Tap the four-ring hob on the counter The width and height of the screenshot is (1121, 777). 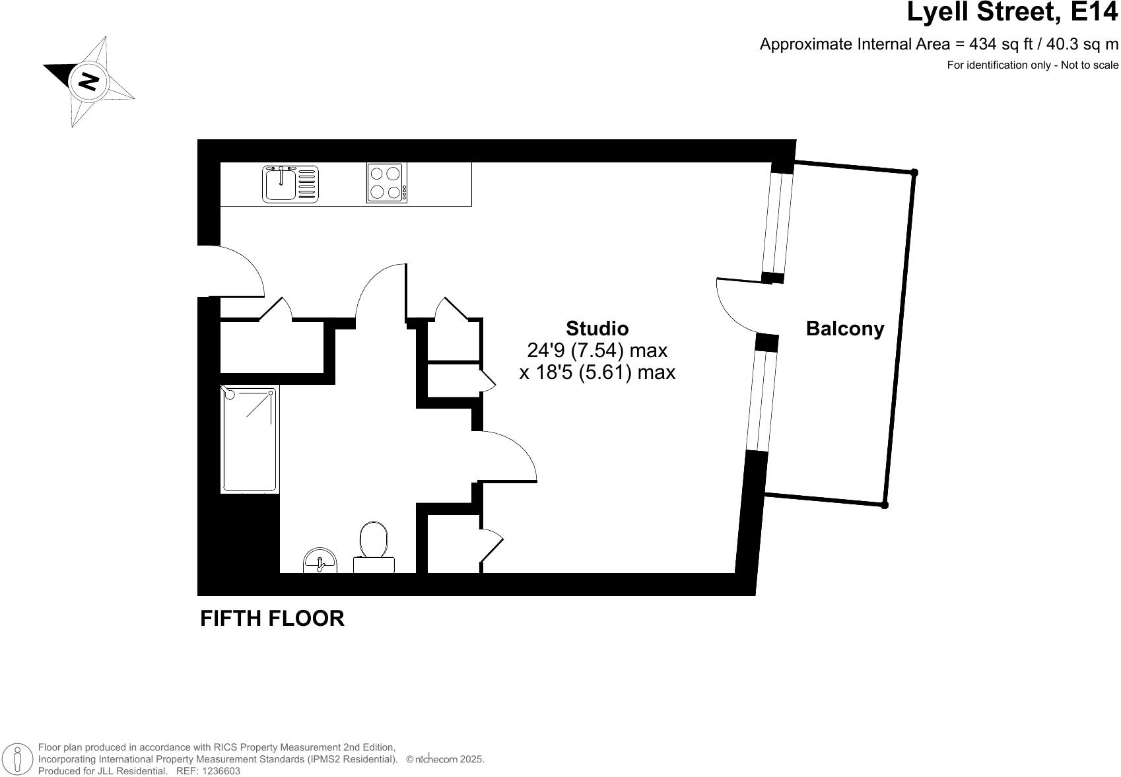click(386, 183)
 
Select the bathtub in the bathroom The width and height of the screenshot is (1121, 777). click(249, 439)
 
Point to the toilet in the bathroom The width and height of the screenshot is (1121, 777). click(374, 548)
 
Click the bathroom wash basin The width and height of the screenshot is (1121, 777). click(320, 562)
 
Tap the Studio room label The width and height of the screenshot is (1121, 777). click(597, 328)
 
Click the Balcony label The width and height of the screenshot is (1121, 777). click(844, 329)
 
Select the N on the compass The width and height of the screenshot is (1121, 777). click(88, 81)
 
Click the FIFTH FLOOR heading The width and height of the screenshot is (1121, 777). click(272, 619)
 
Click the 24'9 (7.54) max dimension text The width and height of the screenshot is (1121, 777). click(597, 350)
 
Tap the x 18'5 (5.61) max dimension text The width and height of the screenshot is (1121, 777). click(597, 372)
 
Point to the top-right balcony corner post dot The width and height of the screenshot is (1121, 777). click(914, 172)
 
